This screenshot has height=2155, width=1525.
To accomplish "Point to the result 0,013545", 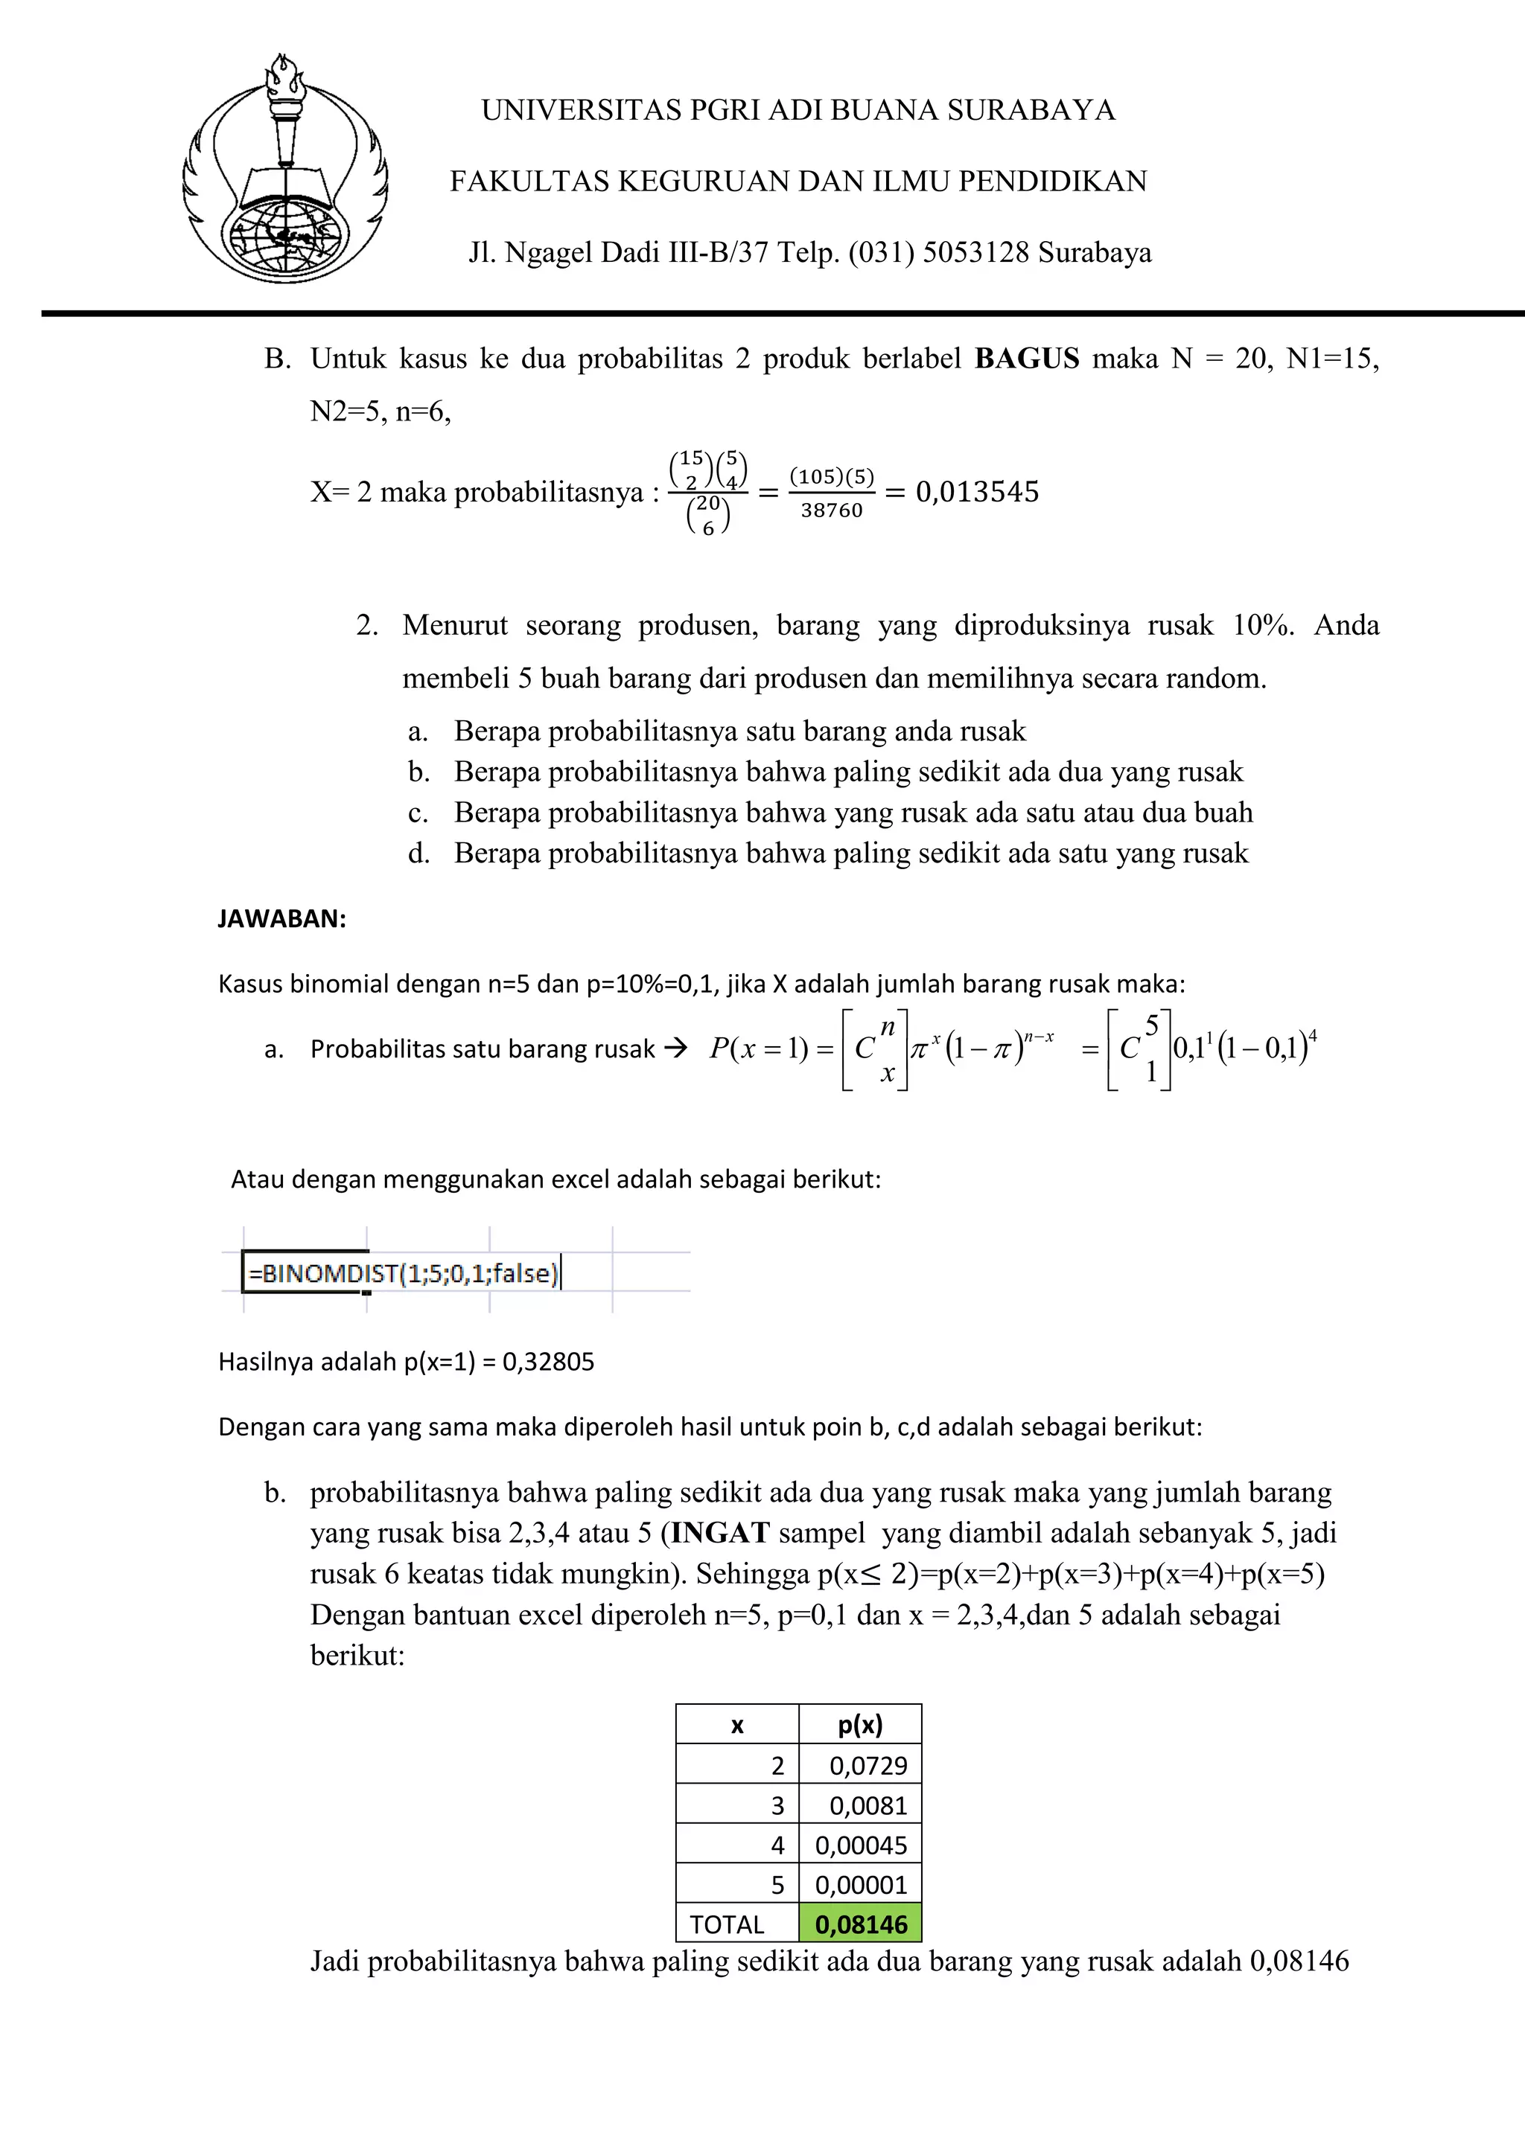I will [x=977, y=492].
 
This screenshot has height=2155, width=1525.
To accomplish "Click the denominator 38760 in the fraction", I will [x=831, y=510].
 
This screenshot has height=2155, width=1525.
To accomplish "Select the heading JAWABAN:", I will [x=281, y=919].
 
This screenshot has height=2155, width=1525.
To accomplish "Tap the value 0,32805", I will [x=548, y=1362].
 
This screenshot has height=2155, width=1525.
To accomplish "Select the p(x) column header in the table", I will [x=859, y=1724].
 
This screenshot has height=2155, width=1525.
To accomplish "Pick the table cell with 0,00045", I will [x=860, y=1845].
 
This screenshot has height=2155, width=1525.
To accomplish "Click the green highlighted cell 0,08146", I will [x=860, y=1924].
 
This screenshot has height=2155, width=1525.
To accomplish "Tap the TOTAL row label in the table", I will [x=726, y=1925].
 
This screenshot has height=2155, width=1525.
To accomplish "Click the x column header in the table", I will [x=737, y=1725].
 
